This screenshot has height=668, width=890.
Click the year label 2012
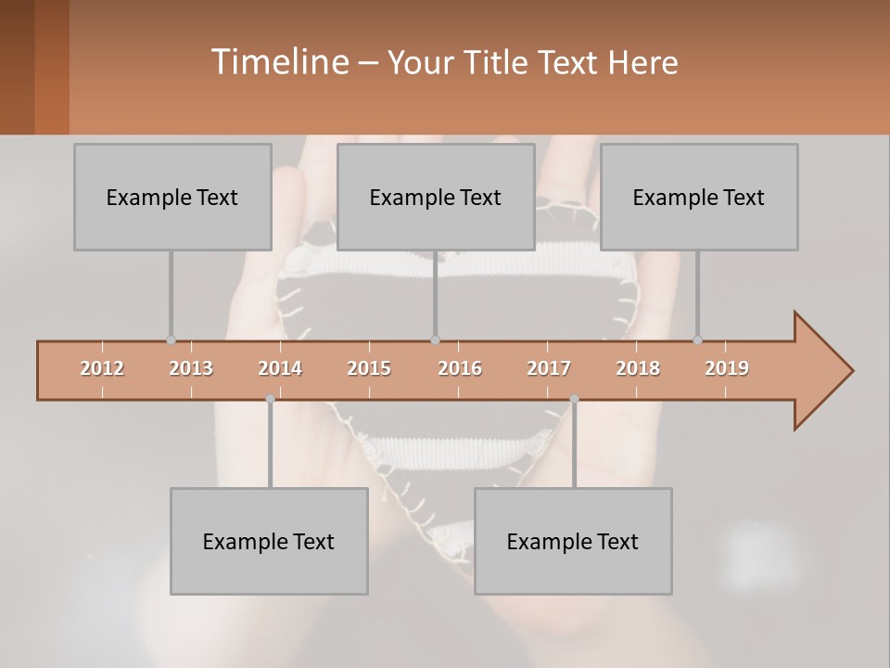pos(102,368)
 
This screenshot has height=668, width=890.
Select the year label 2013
pos(191,368)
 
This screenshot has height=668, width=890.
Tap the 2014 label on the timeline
pos(280,368)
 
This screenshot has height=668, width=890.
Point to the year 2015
pos(369,368)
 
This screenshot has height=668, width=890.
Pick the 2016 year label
pos(460,368)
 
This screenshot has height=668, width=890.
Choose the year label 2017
pos(549,368)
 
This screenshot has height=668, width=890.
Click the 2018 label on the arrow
pos(638,368)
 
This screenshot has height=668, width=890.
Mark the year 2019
pos(727,368)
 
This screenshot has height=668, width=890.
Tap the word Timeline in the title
pos(278,62)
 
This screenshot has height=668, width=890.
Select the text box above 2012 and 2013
pos(172,197)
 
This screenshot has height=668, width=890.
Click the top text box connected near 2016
pos(436,197)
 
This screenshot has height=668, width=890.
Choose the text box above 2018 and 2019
pos(699,197)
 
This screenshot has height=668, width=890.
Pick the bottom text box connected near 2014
pos(269,541)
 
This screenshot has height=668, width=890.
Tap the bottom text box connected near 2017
pos(573,541)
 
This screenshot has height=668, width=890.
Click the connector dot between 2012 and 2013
pos(171,340)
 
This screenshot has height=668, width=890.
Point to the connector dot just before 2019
pos(697,340)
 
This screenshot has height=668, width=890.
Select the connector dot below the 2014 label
pos(270,399)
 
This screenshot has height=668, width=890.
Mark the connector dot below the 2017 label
pos(574,399)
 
